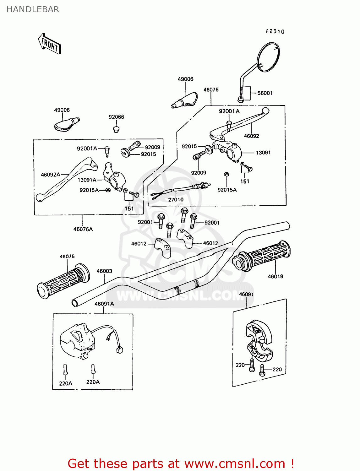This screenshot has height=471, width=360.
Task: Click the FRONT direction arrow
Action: pos(50,44)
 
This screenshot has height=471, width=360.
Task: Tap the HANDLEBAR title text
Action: pos(33,9)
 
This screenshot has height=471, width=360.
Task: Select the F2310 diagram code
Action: pos(275,31)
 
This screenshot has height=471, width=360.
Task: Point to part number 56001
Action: pos(265,93)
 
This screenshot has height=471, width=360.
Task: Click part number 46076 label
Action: pos(211,89)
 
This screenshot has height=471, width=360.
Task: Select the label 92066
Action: pos(116,117)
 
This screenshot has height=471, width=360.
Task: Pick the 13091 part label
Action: pos(263,153)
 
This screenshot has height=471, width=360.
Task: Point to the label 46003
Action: pos(104,271)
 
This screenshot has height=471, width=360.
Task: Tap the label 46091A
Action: pos(104,304)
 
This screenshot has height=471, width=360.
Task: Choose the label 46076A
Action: pos(83,229)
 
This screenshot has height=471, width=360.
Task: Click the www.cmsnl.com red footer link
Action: pos(235,463)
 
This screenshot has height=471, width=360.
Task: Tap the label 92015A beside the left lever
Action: pos(89,190)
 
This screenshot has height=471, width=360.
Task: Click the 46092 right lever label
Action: pos(251,136)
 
